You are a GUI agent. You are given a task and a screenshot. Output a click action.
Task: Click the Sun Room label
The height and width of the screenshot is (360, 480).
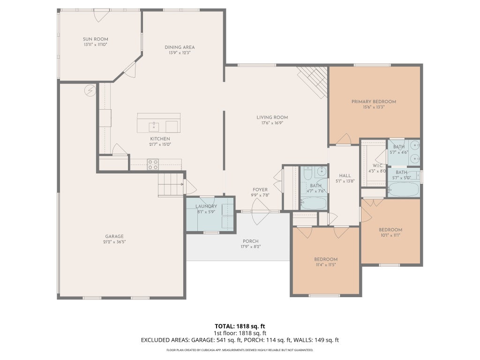tap(96, 39)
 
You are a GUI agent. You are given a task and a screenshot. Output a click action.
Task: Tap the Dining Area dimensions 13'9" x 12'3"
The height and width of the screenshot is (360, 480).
tap(180, 52)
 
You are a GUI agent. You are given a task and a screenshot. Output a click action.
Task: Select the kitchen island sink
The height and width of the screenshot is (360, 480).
tap(154, 126)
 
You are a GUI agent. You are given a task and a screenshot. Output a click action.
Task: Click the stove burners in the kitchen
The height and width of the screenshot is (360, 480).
tap(153, 165)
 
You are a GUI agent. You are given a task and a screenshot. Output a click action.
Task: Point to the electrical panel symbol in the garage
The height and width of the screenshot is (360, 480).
tap(90, 90)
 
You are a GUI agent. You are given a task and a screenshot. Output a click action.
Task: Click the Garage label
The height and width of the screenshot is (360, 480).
tap(114, 236)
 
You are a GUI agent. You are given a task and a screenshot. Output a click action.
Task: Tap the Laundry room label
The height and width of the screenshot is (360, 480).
tap(206, 206)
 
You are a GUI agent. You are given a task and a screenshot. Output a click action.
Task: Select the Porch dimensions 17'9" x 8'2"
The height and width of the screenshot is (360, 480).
tap(251, 247)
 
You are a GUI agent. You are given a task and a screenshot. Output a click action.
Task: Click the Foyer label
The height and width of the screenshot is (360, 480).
tap(260, 190)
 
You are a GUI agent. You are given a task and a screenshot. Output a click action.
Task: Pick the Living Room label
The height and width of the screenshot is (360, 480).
tap(272, 117)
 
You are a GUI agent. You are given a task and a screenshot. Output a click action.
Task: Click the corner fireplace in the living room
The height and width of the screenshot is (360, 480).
tap(313, 82)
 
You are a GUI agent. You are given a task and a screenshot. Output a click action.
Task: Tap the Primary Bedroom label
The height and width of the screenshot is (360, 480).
tap(374, 102)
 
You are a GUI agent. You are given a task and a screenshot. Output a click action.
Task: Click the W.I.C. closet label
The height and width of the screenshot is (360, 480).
tap(378, 165)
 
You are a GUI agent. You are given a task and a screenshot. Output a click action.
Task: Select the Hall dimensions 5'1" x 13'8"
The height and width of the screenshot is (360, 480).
tap(345, 181)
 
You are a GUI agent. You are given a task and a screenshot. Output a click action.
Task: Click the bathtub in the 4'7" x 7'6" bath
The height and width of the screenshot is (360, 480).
tap(314, 203)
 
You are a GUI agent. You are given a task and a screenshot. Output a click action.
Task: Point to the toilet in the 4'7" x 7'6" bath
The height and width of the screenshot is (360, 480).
tap(307, 173)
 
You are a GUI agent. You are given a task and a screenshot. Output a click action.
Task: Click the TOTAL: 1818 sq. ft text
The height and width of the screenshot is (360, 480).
tap(240, 326)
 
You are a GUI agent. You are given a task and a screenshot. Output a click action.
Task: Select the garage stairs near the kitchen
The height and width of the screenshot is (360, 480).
tap(171, 184)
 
